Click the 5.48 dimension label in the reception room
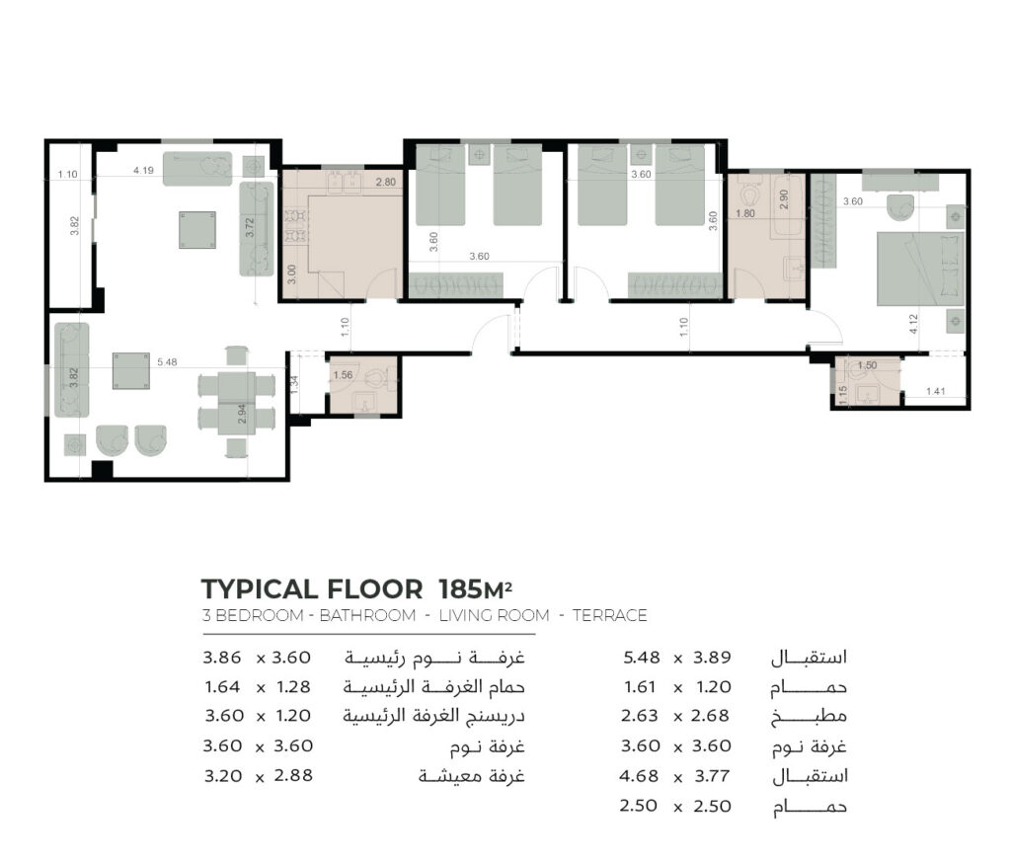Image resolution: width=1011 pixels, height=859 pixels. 167,362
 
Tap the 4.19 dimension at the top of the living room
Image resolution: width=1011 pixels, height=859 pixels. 143,170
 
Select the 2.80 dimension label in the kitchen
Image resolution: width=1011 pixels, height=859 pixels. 386,182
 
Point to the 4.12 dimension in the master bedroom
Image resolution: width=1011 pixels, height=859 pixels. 912,324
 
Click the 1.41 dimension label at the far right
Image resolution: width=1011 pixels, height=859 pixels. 935,391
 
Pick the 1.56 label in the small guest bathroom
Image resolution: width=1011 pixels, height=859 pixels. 343,374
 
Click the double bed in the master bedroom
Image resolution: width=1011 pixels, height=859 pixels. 920,269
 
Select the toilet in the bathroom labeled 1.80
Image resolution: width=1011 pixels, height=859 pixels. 749,194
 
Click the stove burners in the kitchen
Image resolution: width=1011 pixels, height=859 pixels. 296,226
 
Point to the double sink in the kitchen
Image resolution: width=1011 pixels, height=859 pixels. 344,182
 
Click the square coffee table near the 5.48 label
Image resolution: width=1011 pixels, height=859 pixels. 131,371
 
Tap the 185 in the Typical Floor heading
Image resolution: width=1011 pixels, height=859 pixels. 458,588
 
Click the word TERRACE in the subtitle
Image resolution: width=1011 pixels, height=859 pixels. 609,615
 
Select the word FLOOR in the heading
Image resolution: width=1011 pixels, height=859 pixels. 374,588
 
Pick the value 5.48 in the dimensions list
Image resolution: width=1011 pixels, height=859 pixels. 642,658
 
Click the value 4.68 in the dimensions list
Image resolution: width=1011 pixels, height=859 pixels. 639,775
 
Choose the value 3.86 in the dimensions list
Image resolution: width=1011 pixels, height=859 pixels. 222,658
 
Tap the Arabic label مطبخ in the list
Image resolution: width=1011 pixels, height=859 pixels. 809,717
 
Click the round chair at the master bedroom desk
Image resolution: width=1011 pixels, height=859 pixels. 900,207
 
